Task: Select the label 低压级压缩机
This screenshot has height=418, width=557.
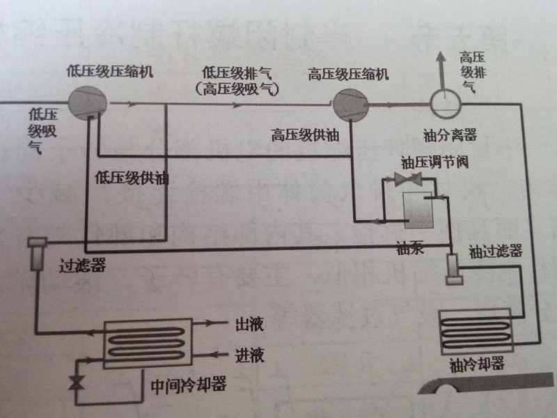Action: pyautogui.click(x=110, y=71)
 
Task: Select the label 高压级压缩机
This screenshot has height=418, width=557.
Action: pyautogui.click(x=349, y=75)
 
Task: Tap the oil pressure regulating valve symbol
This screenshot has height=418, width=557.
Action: pyautogui.click(x=406, y=180)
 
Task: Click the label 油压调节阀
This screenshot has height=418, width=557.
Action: pyautogui.click(x=429, y=163)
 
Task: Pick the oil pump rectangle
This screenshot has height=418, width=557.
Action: pyautogui.click(x=418, y=208)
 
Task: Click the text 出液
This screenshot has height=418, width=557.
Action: pyautogui.click(x=249, y=325)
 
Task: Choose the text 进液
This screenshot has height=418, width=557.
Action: pyautogui.click(x=249, y=356)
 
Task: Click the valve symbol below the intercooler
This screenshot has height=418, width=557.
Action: pyautogui.click(x=76, y=382)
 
